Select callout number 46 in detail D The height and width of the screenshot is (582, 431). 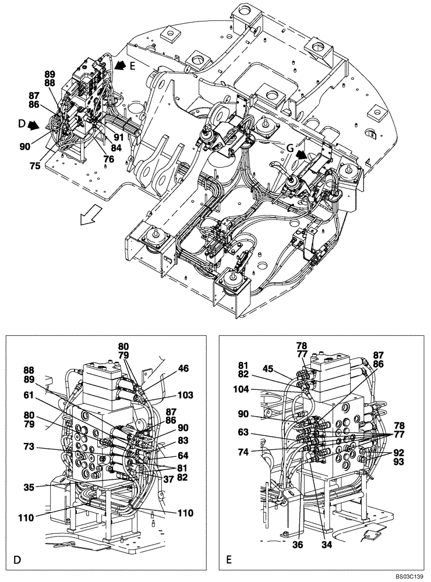[x=183, y=368]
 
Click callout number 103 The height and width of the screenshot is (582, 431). [x=186, y=395]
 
